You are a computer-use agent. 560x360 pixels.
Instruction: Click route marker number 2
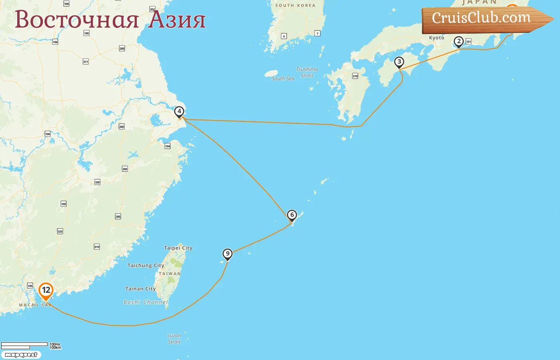click(x=458, y=42)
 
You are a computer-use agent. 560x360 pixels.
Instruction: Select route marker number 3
click(x=399, y=62)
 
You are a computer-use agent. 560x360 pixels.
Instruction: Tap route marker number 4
click(x=179, y=112)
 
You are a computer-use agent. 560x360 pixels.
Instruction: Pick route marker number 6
click(x=292, y=215)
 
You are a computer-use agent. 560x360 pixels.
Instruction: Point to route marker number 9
click(x=228, y=254)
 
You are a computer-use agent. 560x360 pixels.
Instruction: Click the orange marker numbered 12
click(x=46, y=290)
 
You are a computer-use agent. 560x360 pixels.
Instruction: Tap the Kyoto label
click(x=436, y=38)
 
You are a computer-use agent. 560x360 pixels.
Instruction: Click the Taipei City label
click(x=178, y=248)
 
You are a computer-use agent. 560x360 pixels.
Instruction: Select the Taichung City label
click(x=146, y=265)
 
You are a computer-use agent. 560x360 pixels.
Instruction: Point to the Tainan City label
click(x=140, y=288)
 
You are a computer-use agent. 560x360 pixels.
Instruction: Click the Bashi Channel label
click(x=146, y=302)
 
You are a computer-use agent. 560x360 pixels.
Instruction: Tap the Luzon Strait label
click(x=174, y=338)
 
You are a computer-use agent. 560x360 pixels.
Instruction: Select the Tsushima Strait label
click(x=307, y=72)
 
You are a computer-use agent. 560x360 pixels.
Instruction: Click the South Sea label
click(x=283, y=78)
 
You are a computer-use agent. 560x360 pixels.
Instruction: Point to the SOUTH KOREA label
click(x=295, y=5)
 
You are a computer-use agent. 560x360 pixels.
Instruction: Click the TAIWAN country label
click(x=170, y=274)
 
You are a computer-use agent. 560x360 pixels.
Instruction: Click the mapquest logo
click(x=21, y=354)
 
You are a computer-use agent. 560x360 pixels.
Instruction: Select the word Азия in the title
click(x=177, y=20)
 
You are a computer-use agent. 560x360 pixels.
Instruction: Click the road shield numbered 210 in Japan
click(x=355, y=76)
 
